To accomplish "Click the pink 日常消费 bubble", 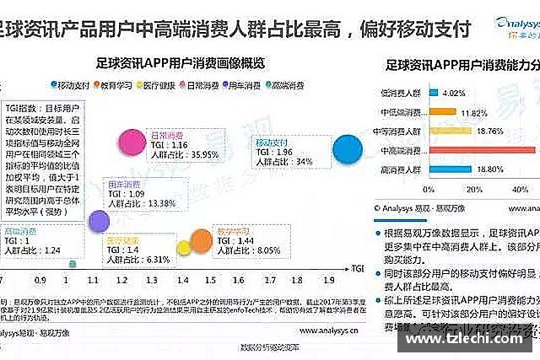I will [x=132, y=140].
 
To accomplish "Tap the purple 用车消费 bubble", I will [x=99, y=220].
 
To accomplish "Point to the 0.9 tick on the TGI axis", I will [x=40, y=279].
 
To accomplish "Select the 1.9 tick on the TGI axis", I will [x=328, y=279].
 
